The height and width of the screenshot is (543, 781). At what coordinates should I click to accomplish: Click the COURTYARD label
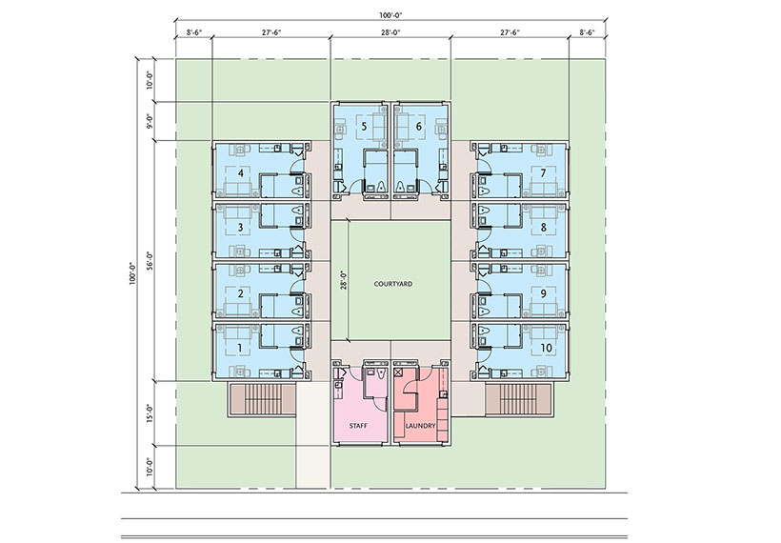[x=393, y=284]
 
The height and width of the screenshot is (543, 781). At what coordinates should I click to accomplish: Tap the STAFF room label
[x=358, y=426]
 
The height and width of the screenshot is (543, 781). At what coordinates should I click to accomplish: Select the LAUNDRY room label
[x=420, y=426]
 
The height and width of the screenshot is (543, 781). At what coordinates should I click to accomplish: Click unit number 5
[x=364, y=127]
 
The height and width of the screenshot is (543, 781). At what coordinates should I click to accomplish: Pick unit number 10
[x=547, y=348]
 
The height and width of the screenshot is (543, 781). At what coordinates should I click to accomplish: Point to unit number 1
[x=240, y=348]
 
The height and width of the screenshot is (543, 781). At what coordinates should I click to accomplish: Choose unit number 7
[x=543, y=172]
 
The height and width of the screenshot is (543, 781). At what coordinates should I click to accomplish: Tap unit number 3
[x=241, y=228]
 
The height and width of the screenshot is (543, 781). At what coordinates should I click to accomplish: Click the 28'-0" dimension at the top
[x=390, y=32]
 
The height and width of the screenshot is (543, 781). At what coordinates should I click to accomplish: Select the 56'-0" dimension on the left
[x=149, y=260]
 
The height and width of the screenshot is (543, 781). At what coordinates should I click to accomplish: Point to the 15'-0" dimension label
[x=149, y=413]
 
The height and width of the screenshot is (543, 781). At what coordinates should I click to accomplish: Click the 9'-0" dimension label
[x=149, y=121]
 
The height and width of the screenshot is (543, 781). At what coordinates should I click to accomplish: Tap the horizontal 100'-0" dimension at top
[x=390, y=15]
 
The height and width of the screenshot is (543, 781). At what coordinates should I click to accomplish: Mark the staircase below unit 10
[x=518, y=399]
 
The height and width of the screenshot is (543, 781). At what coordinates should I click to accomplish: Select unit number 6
[x=418, y=127]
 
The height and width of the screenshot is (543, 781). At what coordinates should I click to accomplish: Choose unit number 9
[x=543, y=294]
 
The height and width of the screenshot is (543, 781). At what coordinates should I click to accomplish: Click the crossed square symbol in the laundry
[x=398, y=372]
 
